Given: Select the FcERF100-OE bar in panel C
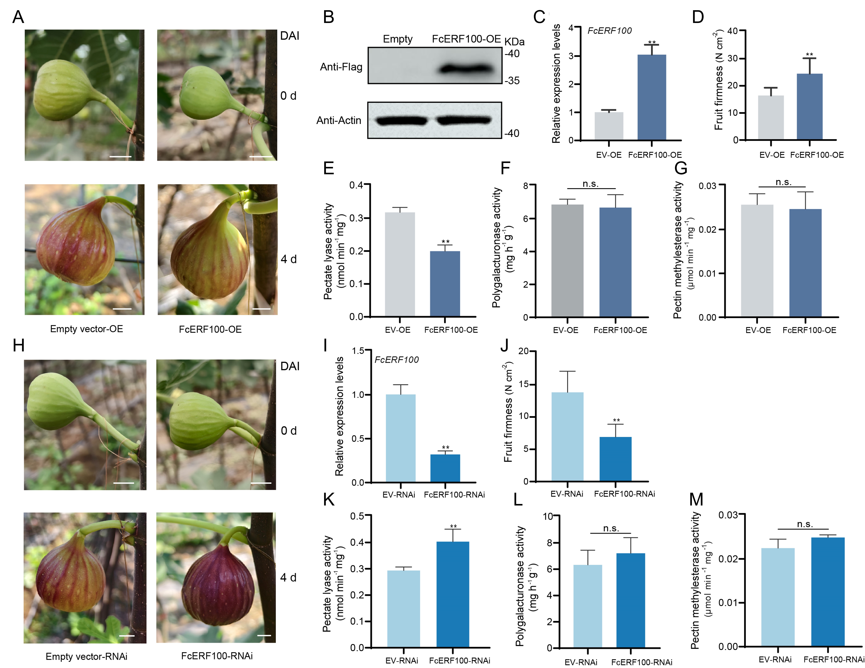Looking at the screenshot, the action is click(652, 97).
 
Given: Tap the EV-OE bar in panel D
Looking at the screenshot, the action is click(771, 118).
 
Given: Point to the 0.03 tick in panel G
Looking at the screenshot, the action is click(707, 186).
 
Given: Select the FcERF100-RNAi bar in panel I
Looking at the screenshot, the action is click(445, 468).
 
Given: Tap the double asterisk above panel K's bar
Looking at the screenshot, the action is click(453, 526).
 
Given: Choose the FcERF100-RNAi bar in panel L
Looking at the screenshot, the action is click(631, 600).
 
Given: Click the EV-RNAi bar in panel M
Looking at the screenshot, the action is click(778, 597).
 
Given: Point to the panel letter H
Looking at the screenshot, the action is click(19, 345).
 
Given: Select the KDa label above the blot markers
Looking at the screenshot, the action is click(514, 42).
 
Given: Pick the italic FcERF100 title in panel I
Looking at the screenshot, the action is click(396, 360).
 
